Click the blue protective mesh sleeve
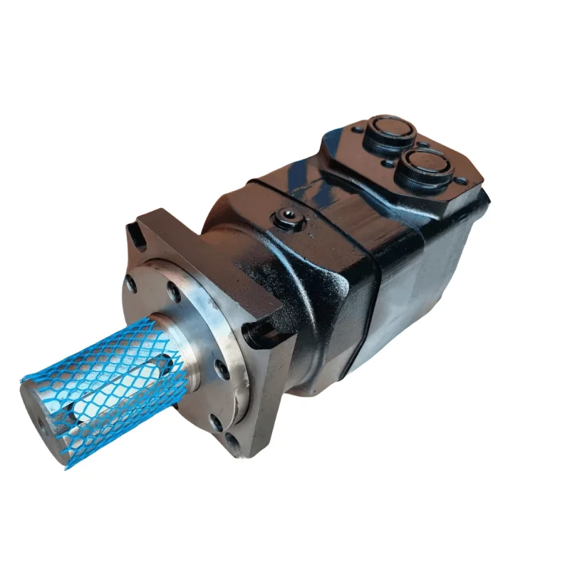(107, 385)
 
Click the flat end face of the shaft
(43, 420)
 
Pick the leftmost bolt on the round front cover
(131, 283)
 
